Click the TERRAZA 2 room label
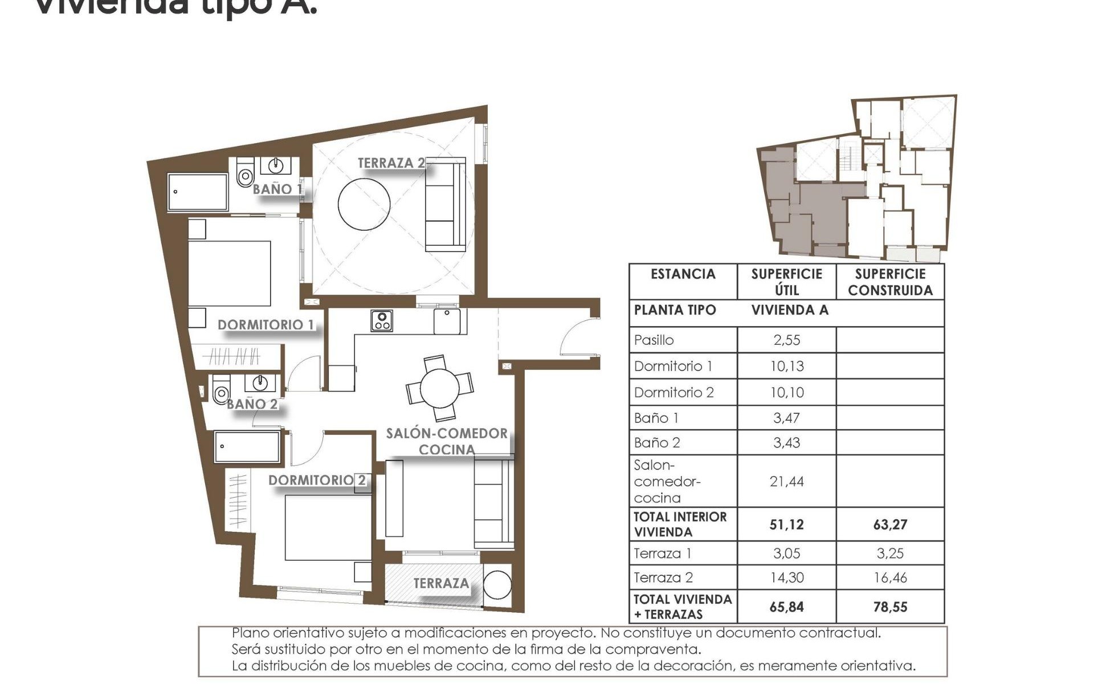391,163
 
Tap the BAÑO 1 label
277,189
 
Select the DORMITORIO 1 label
266,325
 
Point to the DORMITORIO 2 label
317,481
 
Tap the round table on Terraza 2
364,204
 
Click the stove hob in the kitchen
381,320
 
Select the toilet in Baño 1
245,173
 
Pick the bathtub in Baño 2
247,447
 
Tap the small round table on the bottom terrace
497,585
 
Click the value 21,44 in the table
786,482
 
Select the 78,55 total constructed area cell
890,607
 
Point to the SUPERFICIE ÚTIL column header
786,282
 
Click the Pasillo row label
654,340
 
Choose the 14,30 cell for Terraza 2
786,577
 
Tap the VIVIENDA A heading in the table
790,310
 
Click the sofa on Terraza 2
446,204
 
